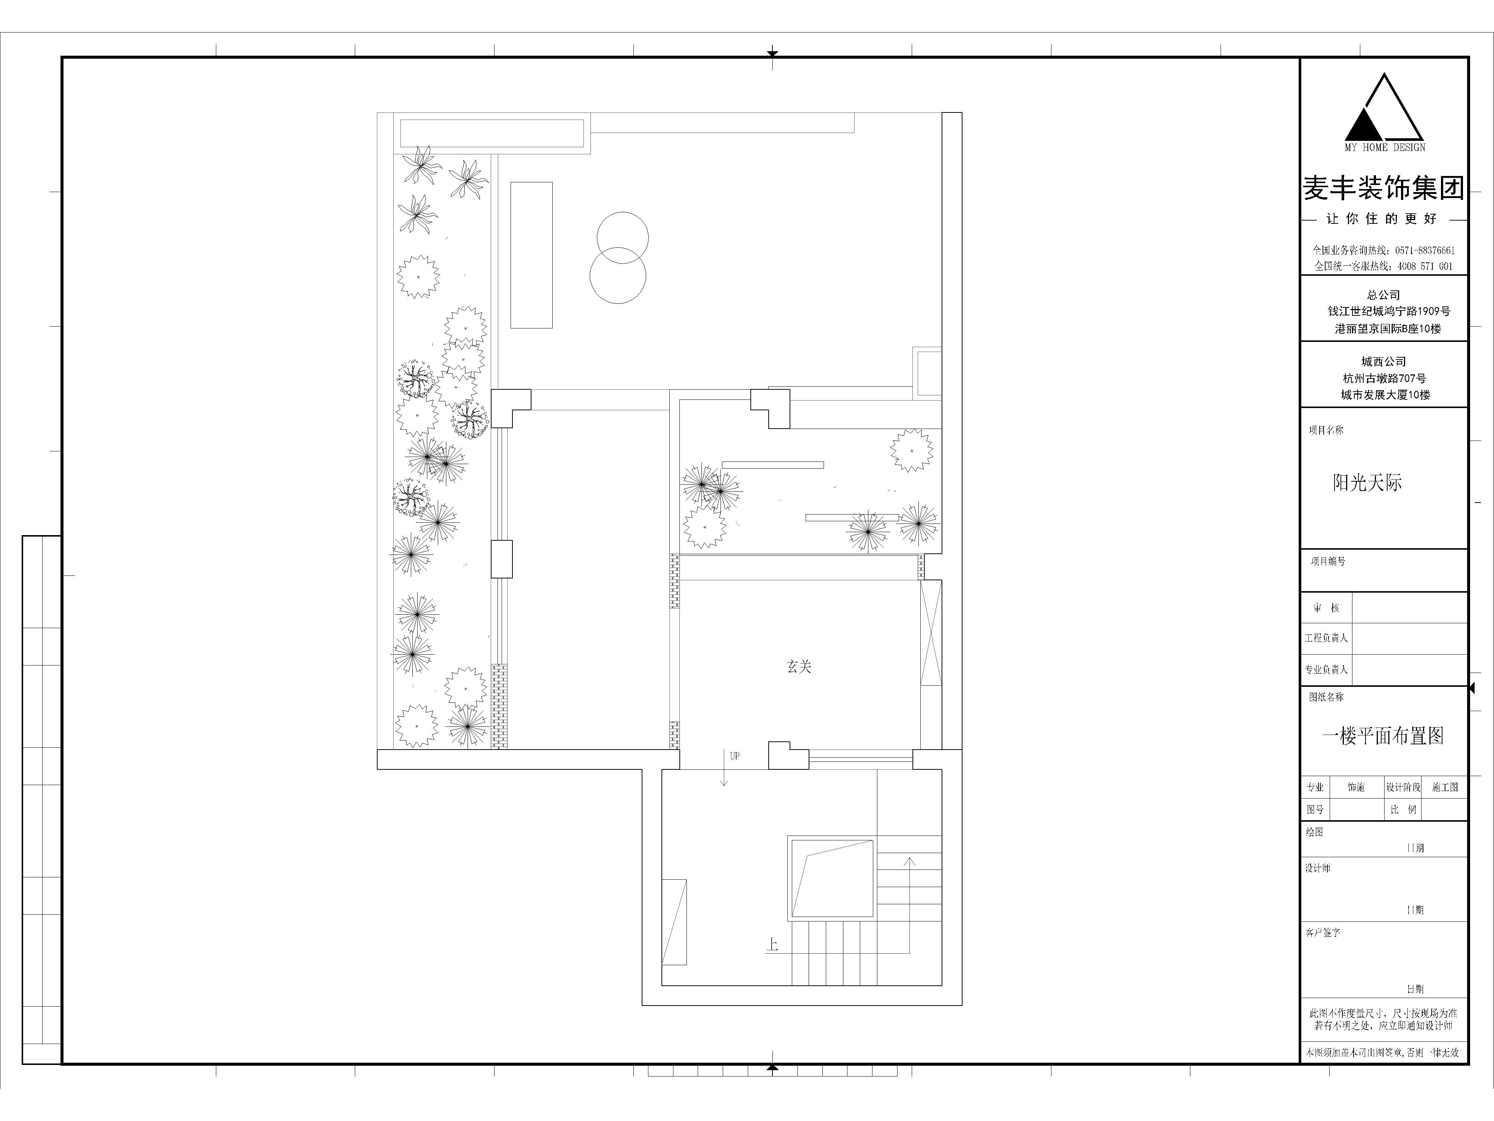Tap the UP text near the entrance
[x=735, y=756]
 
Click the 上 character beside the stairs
[x=772, y=944]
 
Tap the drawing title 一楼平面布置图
[x=1383, y=736]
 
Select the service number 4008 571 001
[x=1425, y=266]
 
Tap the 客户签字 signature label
[x=1323, y=932]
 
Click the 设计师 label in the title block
[x=1318, y=868]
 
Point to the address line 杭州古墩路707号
[x=1385, y=379]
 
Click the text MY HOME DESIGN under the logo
[x=1385, y=147]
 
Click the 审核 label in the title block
[x=1326, y=608]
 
